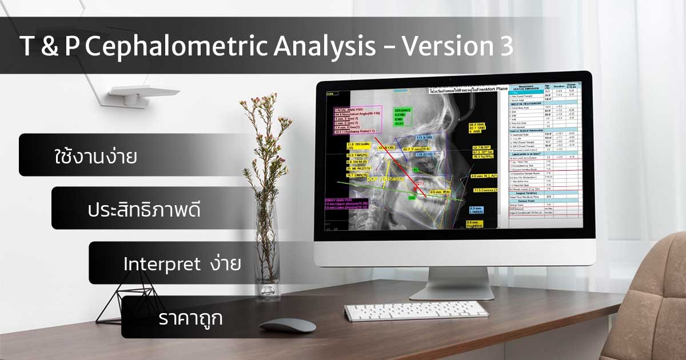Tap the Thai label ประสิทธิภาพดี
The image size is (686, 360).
click(x=145, y=210)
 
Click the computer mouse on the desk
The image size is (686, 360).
click(x=288, y=325)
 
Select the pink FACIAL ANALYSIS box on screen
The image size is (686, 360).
click(x=357, y=121)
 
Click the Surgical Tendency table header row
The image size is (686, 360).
click(x=528, y=193)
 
